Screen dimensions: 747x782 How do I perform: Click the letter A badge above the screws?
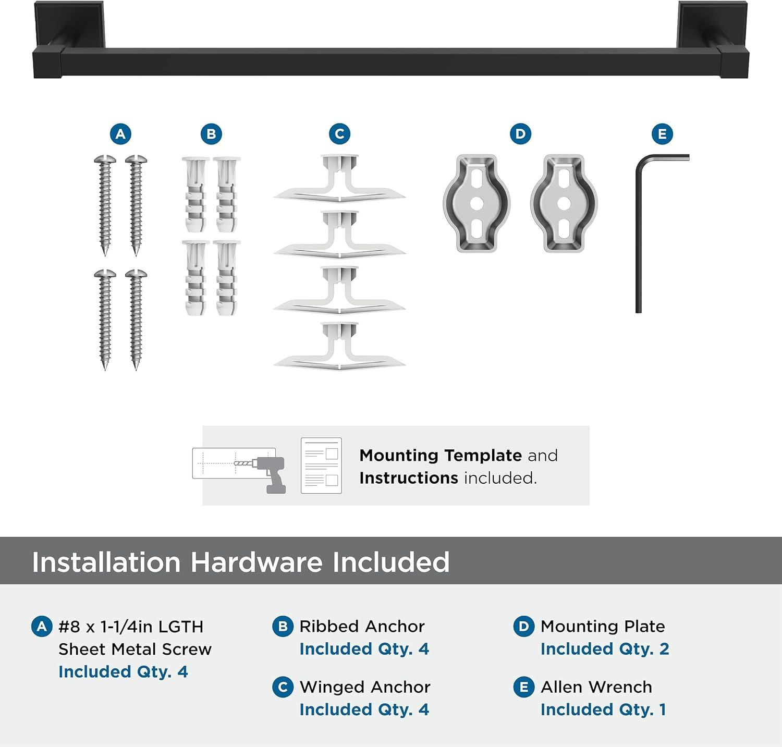pos(120,134)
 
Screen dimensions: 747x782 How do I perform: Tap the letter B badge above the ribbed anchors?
pos(211,134)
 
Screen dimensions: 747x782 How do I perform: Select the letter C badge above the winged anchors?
pos(339,134)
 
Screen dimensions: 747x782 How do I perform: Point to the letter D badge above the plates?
pos(520,134)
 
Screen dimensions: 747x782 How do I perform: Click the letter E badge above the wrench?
pos(662,134)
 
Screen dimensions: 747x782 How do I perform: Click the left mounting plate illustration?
pos(476,203)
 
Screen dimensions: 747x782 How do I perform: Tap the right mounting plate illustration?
pos(564,203)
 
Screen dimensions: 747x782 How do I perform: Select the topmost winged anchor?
pos(339,180)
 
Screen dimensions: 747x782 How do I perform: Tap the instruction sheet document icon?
pos(321,466)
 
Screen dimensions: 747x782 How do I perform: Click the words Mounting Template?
pos(441,456)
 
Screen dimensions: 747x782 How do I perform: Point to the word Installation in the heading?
pos(106,562)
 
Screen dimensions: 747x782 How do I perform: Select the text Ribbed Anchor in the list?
pos(362,626)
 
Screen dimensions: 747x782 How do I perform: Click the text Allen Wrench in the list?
pos(596,687)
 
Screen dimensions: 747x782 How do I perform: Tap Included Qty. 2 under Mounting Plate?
pos(604,649)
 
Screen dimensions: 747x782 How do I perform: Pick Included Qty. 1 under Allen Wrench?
pos(603,709)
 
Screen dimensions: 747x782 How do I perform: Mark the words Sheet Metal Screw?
pos(135,649)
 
